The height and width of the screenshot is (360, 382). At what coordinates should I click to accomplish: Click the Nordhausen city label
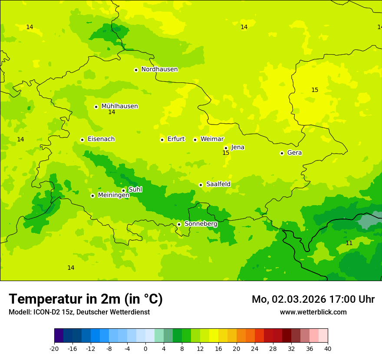[159, 69]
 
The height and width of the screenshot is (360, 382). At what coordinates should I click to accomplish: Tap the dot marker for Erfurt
[162, 140]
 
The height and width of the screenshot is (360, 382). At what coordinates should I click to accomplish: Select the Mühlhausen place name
[119, 106]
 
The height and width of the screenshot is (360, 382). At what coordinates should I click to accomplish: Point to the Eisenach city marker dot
[82, 140]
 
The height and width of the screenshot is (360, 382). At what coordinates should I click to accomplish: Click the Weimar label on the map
[212, 139]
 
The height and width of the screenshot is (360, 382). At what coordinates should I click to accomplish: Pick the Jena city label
[237, 147]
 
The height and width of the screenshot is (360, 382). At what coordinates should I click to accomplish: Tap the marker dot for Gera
[282, 153]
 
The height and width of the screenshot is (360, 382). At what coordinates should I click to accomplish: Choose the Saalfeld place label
[218, 184]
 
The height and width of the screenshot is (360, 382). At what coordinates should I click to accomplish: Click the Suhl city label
[135, 190]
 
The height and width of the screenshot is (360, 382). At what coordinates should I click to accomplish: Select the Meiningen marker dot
[92, 196]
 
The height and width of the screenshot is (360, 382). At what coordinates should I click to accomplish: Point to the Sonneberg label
[201, 224]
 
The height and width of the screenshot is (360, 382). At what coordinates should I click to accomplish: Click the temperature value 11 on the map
[349, 243]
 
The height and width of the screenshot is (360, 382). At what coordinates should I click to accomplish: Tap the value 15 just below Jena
[226, 153]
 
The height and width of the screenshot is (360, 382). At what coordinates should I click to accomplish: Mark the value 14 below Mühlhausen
[112, 112]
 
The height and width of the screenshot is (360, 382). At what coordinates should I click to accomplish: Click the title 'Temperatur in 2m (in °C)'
[86, 299]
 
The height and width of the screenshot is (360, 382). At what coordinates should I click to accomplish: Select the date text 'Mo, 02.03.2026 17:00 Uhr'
[313, 299]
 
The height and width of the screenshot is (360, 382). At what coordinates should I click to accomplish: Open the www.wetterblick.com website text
[313, 312]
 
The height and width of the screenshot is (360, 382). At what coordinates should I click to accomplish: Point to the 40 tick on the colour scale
[327, 348]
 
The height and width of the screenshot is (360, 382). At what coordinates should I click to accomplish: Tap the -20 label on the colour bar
[54, 348]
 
